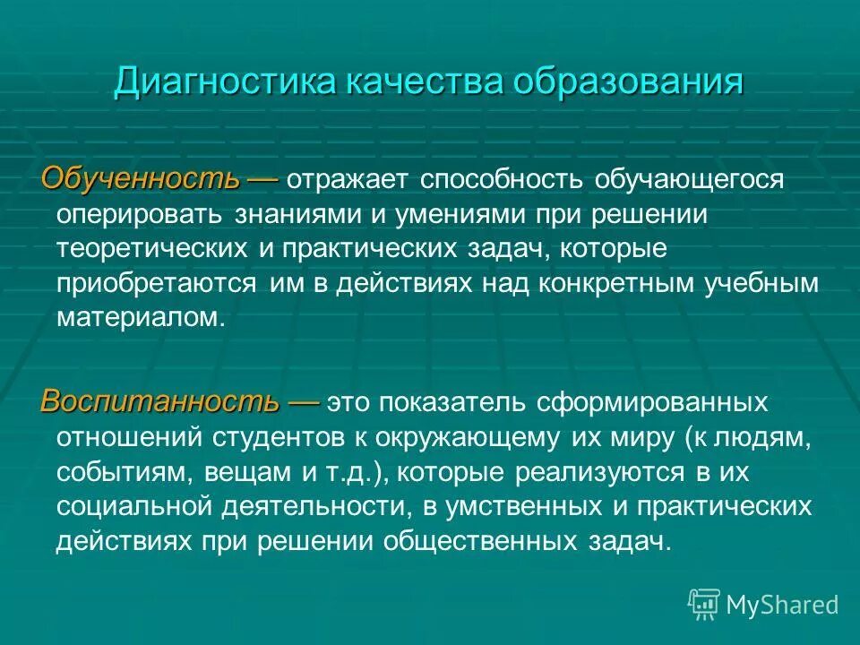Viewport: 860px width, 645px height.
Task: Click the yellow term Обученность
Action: [141, 177]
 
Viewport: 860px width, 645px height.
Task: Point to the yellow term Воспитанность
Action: [158, 401]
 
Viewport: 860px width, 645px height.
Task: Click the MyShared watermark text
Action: [782, 605]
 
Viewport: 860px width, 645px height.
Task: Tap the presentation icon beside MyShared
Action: [704, 604]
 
